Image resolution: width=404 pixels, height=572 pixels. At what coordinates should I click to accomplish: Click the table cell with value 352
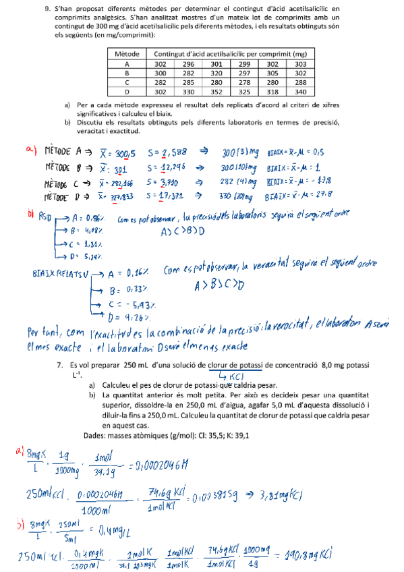point(217,92)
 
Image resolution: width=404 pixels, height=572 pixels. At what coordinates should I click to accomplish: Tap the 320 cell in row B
point(217,73)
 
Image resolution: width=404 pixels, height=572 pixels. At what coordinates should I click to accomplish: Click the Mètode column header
point(127,53)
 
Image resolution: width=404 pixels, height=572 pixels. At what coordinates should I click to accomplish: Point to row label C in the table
point(127,82)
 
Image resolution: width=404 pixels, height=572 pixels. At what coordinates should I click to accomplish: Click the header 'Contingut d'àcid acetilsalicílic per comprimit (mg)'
point(231,53)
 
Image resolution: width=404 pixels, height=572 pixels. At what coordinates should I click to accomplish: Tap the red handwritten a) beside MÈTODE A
point(32,150)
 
